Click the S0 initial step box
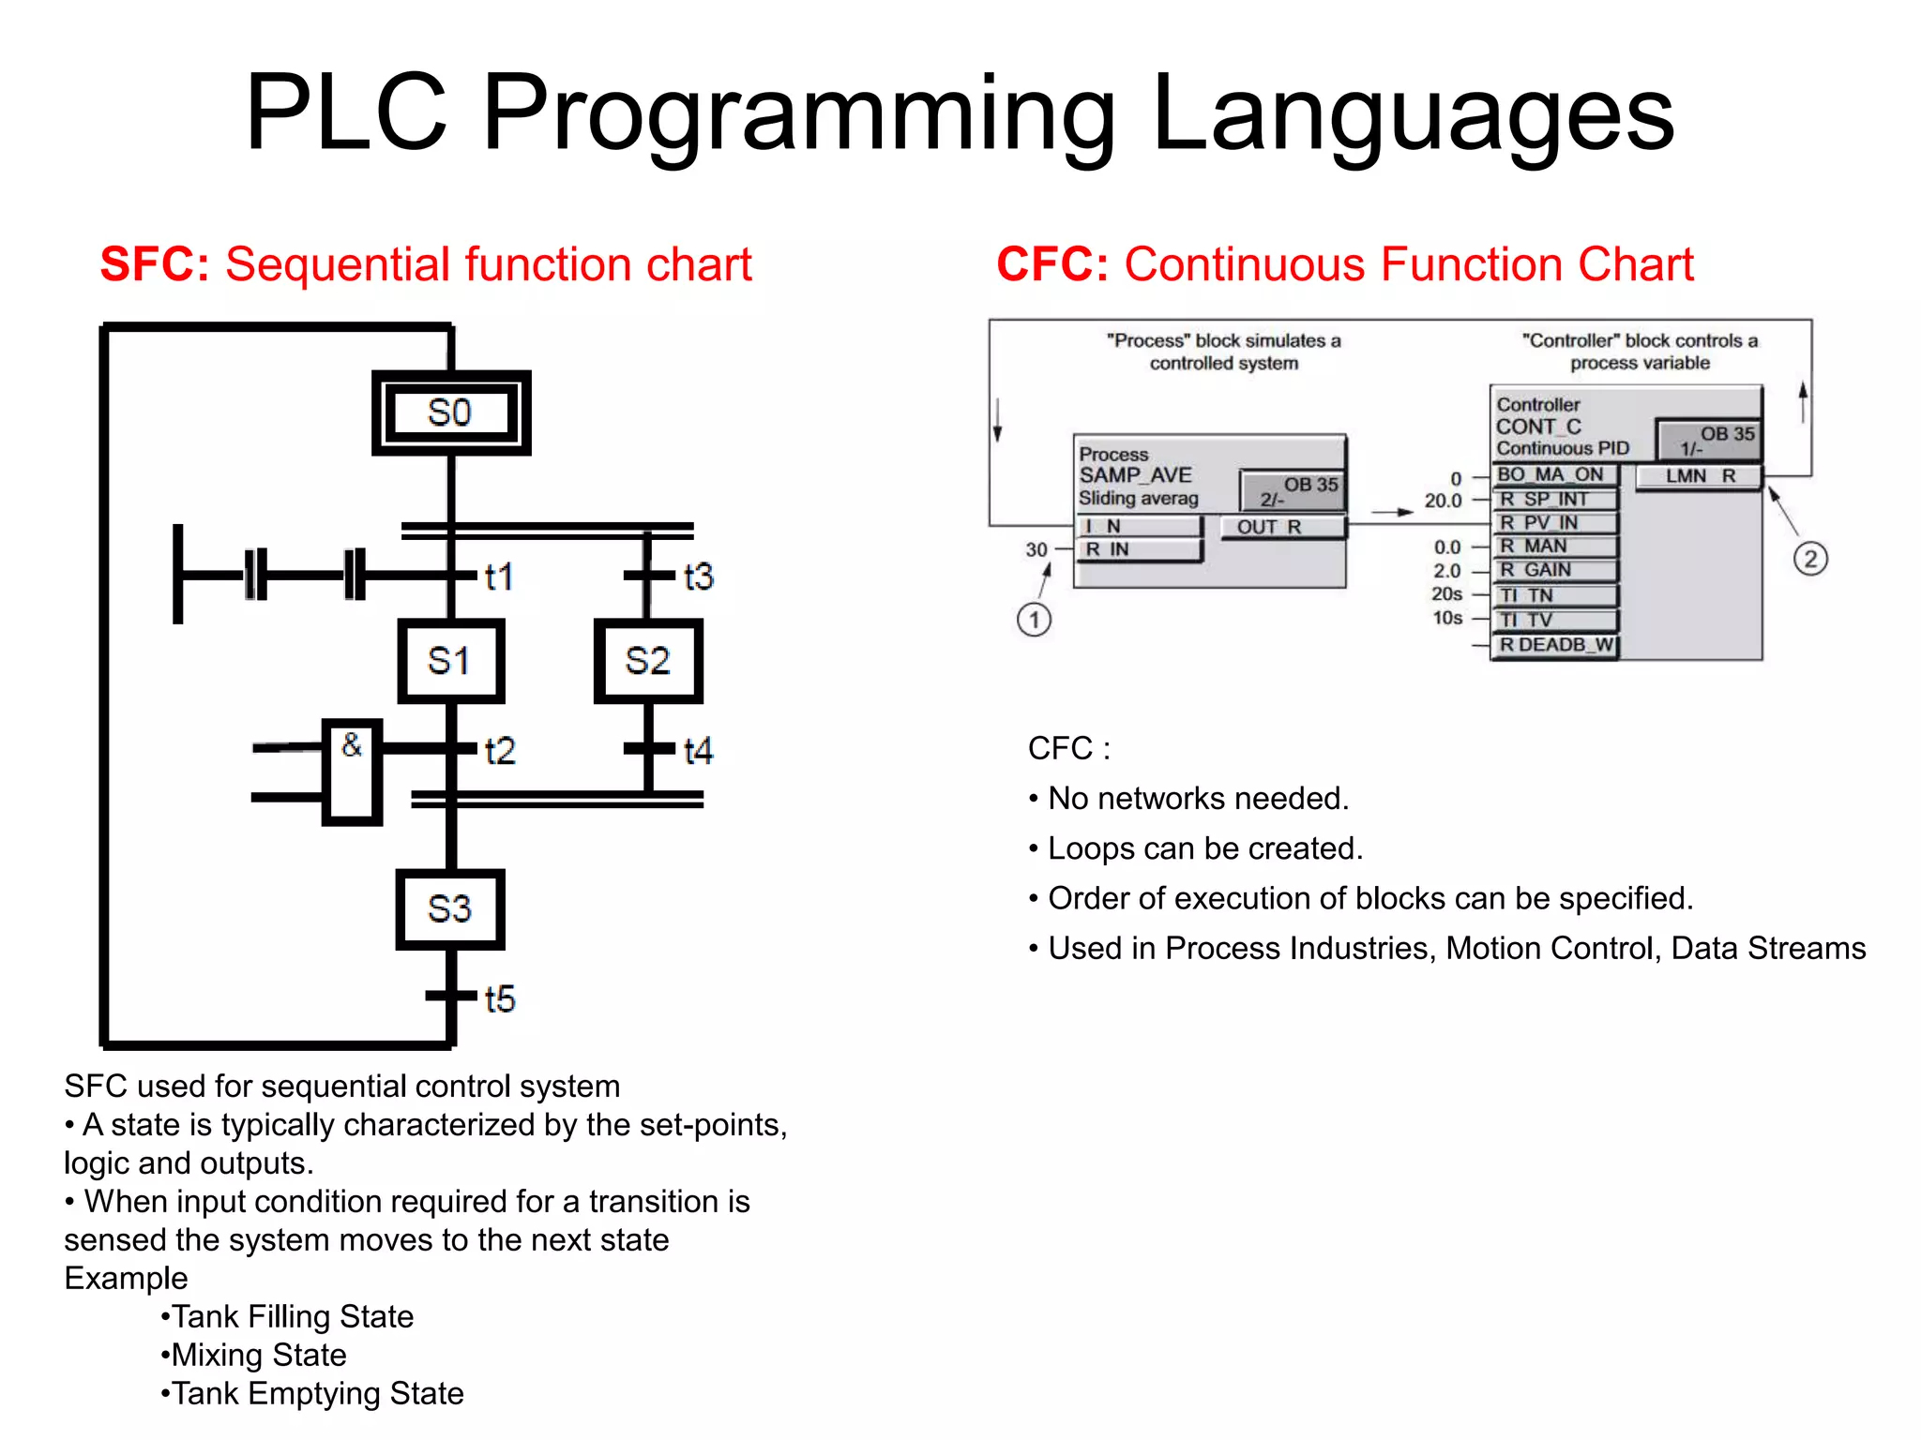coord(451,412)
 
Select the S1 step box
coord(450,661)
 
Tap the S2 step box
coord(648,661)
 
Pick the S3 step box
coord(450,909)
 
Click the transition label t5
coord(500,999)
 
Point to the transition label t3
coord(699,577)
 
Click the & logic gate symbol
coord(352,772)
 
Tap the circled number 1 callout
coord(1034,620)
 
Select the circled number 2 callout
coord(1809,560)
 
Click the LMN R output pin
coord(1699,476)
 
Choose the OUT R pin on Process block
coord(1281,527)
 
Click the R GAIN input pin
coord(1554,570)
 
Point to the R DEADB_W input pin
coord(1554,645)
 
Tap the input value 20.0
coord(1443,501)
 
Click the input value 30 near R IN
coord(1036,549)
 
